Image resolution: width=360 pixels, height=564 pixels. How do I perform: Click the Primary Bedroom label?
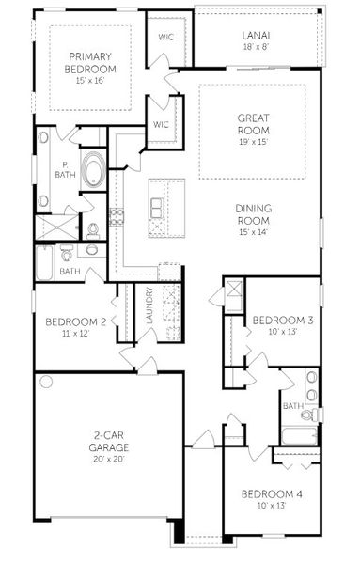coord(90,63)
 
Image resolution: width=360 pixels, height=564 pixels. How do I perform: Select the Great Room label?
coord(254,125)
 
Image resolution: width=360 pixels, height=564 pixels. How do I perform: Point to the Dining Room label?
coord(254,212)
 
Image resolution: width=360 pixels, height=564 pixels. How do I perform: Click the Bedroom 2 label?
coord(70,322)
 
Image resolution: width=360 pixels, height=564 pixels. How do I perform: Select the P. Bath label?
coord(65,170)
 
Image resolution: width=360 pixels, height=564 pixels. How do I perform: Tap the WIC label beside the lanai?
coord(165,38)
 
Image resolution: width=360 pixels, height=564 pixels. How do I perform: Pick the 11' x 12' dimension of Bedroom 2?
coord(70,335)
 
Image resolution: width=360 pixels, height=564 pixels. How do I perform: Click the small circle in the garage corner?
coord(43,382)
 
